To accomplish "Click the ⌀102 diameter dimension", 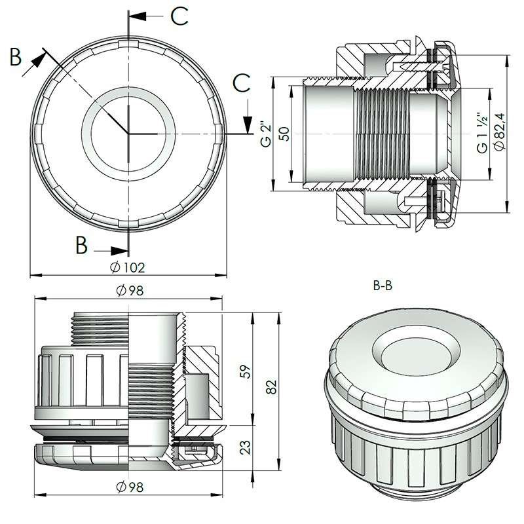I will [x=128, y=267].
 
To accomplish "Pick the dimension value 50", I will [x=284, y=134].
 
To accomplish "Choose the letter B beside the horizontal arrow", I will [x=81, y=245].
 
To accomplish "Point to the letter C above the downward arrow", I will [x=242, y=84].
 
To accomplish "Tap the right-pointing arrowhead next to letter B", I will [x=121, y=250].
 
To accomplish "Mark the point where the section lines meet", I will [x=129, y=134].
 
